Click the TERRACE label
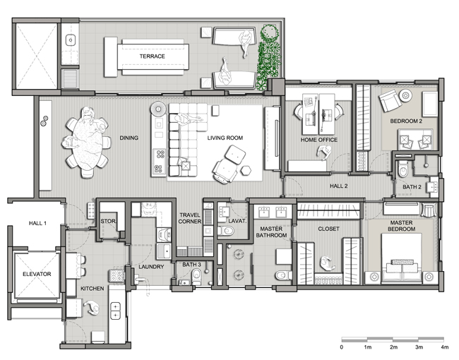pyautogui.click(x=152, y=56)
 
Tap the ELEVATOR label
pyautogui.click(x=37, y=275)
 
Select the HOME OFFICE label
pyautogui.click(x=318, y=140)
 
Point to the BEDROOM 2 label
pyautogui.click(x=406, y=121)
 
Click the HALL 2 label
pyautogui.click(x=339, y=186)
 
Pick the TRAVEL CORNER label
pyautogui.click(x=190, y=218)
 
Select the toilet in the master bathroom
pyautogui.click(x=284, y=275)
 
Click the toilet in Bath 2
pyautogui.click(x=403, y=169)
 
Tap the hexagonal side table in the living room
pyautogui.click(x=246, y=170)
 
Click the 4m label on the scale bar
pyautogui.click(x=444, y=347)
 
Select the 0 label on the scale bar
pyautogui.click(x=342, y=347)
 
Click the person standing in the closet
pyautogui.click(x=327, y=264)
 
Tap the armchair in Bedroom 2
pyautogui.click(x=390, y=101)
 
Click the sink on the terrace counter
pyautogui.click(x=71, y=40)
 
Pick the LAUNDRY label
pyautogui.click(x=151, y=267)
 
